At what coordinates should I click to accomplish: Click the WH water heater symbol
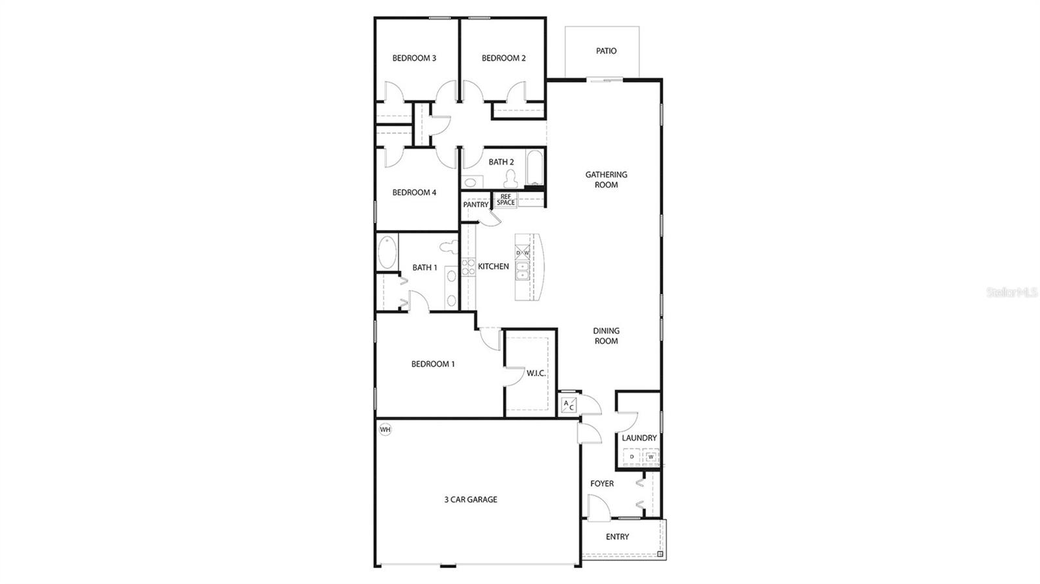click(x=385, y=429)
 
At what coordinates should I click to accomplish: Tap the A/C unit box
click(x=568, y=405)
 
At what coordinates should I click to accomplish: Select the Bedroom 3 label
click(x=414, y=58)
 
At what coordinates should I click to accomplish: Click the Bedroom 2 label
click(x=504, y=58)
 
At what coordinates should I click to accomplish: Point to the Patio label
click(x=606, y=51)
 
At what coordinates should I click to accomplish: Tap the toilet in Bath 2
click(x=511, y=177)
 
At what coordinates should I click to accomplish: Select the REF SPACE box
click(x=506, y=199)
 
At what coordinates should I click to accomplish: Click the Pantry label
click(x=476, y=205)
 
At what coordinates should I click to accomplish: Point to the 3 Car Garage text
click(x=471, y=500)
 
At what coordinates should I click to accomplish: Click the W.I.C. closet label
click(x=536, y=373)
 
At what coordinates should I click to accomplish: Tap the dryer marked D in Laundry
click(x=632, y=457)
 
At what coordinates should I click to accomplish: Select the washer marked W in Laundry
click(x=651, y=457)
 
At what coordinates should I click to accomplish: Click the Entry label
click(x=617, y=537)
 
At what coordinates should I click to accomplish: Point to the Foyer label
click(x=602, y=483)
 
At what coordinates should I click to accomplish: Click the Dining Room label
click(x=606, y=336)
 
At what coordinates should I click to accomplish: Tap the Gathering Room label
click(x=606, y=179)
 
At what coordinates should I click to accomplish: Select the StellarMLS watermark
click(x=1012, y=293)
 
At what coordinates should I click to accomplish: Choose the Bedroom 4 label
click(x=414, y=192)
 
